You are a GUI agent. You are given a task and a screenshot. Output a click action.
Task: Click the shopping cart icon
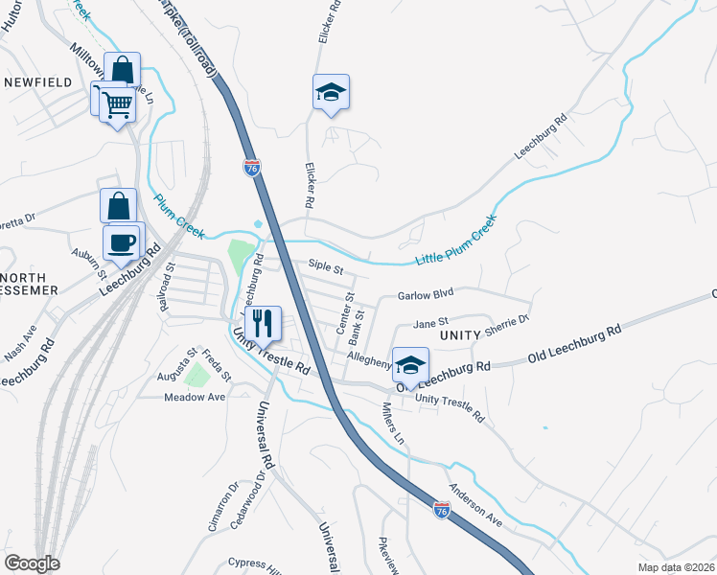(x=118, y=102)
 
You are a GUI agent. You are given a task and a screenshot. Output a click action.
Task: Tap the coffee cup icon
(x=121, y=241)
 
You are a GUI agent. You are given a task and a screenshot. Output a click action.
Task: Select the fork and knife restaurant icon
(x=262, y=323)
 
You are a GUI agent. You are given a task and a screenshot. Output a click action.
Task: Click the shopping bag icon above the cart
(x=123, y=70)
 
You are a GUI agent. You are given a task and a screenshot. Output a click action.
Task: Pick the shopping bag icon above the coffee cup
(x=118, y=206)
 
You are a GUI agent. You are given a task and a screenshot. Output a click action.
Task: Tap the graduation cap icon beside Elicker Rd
(x=331, y=93)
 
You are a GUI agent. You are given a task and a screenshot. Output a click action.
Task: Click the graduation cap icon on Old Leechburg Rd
(x=410, y=365)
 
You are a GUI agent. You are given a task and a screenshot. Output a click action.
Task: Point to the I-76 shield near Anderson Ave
(x=441, y=509)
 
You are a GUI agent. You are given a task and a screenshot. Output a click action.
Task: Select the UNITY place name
(x=459, y=336)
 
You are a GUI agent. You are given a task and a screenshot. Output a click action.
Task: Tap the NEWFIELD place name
(x=37, y=82)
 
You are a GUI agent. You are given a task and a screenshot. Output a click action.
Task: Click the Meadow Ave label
(x=194, y=397)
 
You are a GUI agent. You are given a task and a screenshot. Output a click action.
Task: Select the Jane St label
(x=430, y=322)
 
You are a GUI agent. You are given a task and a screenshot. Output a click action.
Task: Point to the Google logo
(x=32, y=563)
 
